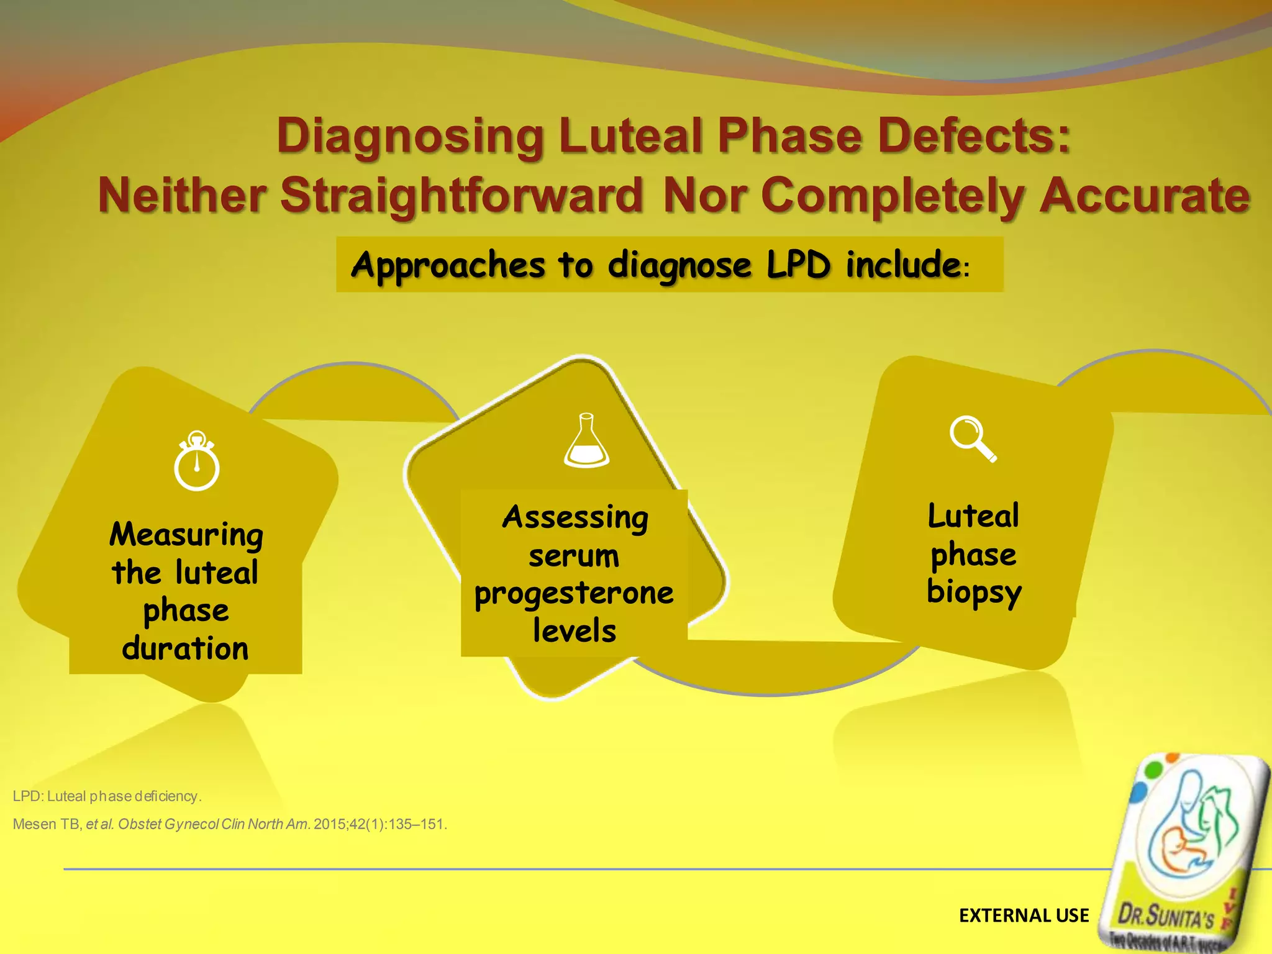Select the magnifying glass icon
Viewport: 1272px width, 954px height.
pos(973,438)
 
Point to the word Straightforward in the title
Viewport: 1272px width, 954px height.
pos(461,195)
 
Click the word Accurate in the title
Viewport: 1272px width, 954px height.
pos(1144,195)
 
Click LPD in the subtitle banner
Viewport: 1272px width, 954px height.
pos(798,266)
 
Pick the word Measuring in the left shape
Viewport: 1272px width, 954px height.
pos(186,535)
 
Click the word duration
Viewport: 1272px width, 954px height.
pos(185,648)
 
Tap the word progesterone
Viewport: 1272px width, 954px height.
pos(574,594)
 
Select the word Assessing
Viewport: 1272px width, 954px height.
pos(575,518)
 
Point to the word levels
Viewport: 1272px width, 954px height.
pos(575,631)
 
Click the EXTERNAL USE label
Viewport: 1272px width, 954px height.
pos(1024,915)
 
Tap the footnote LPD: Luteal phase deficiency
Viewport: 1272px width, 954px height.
pos(107,796)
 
